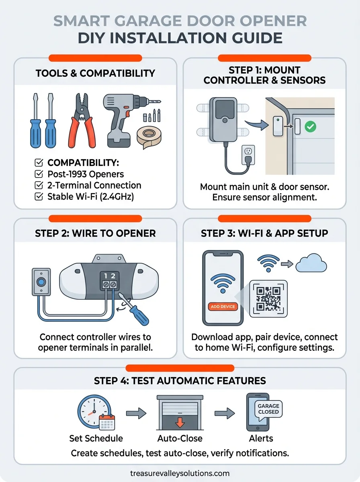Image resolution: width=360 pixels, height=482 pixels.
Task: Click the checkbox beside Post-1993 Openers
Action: click(39, 174)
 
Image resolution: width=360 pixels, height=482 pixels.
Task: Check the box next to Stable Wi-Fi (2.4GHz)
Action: click(39, 197)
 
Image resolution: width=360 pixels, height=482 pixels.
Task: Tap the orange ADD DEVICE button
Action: click(223, 306)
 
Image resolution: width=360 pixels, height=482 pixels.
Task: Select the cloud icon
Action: click(311, 265)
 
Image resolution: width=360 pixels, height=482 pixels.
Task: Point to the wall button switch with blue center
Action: click(40, 282)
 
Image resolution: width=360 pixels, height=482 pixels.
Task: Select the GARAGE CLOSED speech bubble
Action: click(268, 409)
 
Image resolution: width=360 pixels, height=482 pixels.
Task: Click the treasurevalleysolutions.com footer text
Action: click(180, 473)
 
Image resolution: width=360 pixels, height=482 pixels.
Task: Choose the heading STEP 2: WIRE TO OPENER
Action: click(95, 233)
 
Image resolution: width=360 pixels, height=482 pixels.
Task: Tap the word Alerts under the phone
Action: click(261, 438)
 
